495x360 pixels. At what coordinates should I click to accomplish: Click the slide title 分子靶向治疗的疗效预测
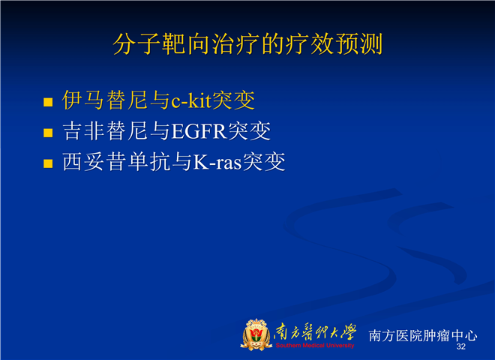(247, 44)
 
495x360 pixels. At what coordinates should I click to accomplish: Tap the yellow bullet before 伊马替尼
(48, 102)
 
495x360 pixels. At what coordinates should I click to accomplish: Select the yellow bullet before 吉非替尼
(48, 133)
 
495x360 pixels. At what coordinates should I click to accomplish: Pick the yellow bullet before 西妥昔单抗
(48, 163)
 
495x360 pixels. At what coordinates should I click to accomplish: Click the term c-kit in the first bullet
(191, 100)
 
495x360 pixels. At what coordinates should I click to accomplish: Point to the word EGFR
(199, 131)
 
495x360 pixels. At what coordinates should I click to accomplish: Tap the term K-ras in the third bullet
(217, 162)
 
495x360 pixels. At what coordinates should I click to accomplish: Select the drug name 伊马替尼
(105, 100)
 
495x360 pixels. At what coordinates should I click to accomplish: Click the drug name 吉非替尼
(105, 130)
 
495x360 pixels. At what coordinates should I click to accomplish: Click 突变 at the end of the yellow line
(233, 100)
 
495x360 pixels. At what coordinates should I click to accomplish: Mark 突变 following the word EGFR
(250, 130)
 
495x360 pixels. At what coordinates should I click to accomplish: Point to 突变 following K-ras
(264, 162)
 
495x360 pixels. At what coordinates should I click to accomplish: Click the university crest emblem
(256, 334)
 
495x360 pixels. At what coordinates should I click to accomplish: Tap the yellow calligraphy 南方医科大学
(315, 332)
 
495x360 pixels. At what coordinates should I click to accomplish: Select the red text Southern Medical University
(315, 346)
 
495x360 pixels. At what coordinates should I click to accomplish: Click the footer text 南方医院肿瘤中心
(423, 335)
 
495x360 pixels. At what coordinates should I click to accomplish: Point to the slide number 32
(461, 346)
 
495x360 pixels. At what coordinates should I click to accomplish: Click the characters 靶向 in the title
(186, 44)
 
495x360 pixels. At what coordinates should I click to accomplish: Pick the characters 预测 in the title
(359, 44)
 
